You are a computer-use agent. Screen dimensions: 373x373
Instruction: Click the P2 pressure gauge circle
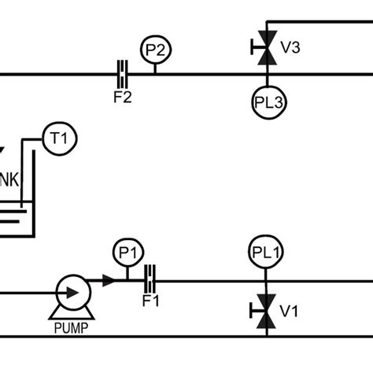[155, 50]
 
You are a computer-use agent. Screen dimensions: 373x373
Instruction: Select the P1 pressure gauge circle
[125, 253]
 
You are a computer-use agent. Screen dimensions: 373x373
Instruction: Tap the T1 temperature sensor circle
[57, 139]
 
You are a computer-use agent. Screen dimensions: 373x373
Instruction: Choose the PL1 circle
[267, 253]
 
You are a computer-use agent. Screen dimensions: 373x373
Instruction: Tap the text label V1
[290, 312]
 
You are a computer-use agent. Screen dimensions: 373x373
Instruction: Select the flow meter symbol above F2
[122, 74]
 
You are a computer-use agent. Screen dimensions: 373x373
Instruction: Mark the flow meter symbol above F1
[150, 279]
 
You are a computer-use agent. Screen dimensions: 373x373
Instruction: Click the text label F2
[122, 99]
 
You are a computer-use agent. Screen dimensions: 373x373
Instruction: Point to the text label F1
[150, 302]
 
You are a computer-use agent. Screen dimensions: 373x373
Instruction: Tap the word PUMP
[71, 327]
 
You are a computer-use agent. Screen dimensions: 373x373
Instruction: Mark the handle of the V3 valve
[253, 49]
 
